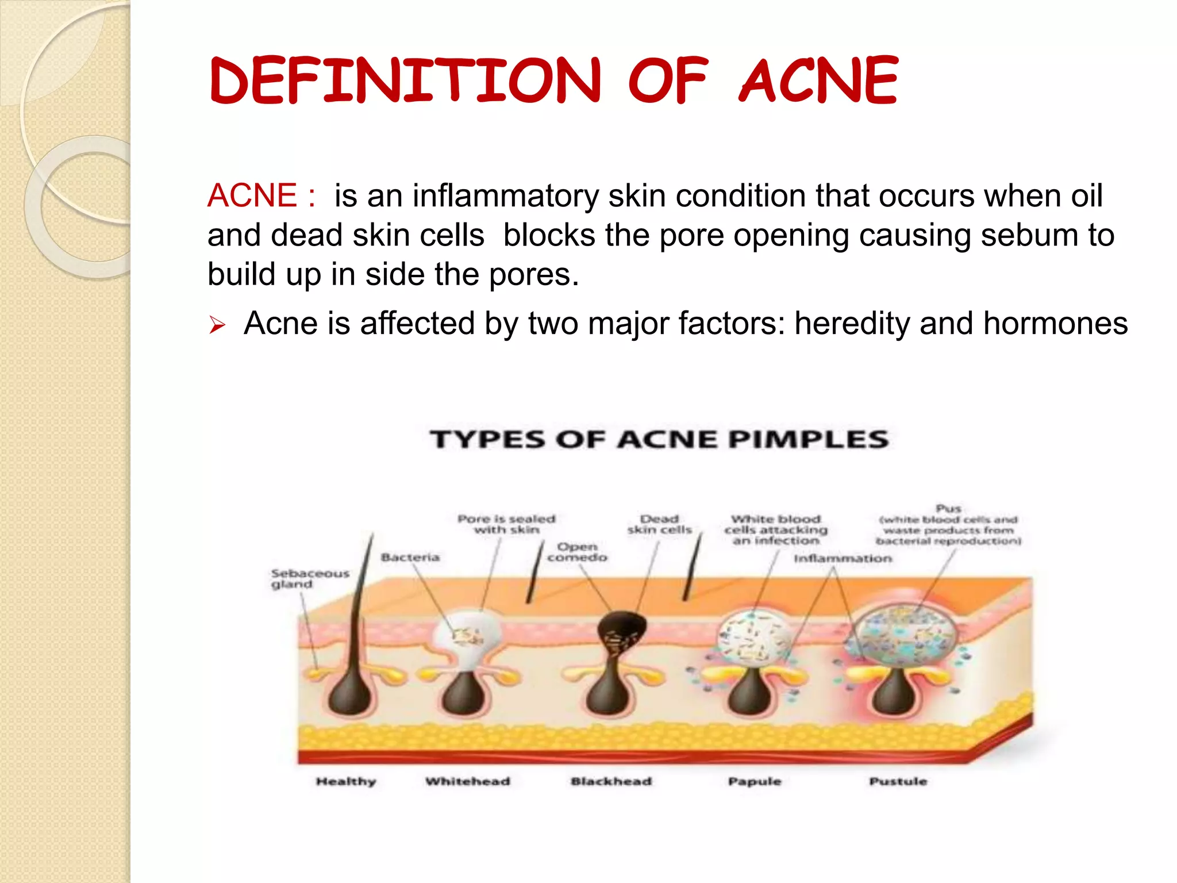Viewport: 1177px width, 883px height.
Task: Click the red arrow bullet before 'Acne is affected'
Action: click(217, 325)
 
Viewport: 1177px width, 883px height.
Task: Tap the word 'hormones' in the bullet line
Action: click(1055, 324)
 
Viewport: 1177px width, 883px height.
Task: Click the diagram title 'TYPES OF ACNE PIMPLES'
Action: click(659, 440)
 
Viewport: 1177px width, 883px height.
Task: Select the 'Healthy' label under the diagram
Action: click(346, 781)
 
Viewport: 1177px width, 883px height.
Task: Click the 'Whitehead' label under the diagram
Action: click(468, 781)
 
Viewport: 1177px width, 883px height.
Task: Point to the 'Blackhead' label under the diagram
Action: click(611, 781)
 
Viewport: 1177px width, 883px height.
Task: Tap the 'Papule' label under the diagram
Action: click(755, 781)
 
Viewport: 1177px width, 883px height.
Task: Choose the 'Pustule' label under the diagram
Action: click(898, 781)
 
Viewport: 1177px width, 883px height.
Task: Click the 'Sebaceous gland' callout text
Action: click(310, 579)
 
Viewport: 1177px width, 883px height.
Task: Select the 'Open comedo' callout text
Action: click(577, 552)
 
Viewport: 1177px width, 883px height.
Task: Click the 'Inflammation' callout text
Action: click(843, 558)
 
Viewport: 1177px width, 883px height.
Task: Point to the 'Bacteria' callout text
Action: click(410, 557)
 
